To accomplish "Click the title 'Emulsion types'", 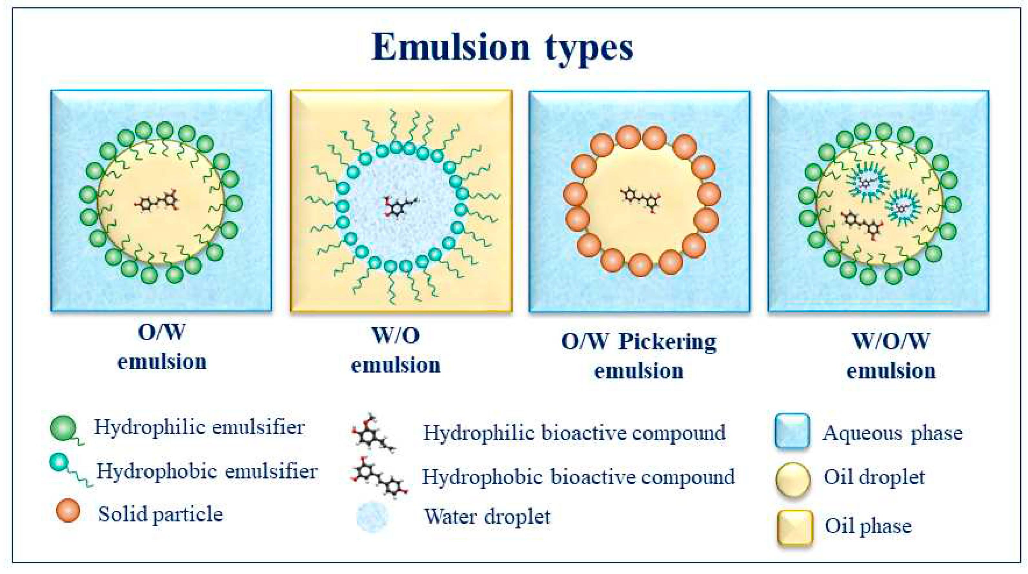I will click(x=502, y=47).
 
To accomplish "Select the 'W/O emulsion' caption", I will click(x=396, y=350).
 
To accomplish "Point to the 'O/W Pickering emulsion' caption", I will click(x=639, y=356).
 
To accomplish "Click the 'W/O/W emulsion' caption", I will click(x=891, y=356).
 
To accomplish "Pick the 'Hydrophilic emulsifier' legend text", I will click(x=199, y=428).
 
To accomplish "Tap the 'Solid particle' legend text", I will click(x=160, y=514).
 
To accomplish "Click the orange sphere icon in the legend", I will click(x=68, y=510).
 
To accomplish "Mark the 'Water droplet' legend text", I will click(x=487, y=517).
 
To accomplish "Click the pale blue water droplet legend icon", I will click(x=372, y=517).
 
